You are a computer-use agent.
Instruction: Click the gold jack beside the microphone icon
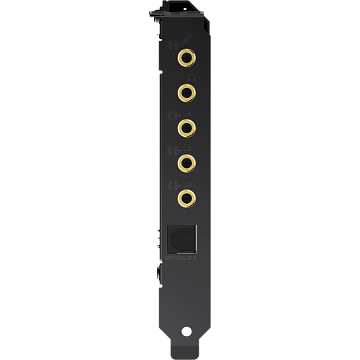pyautogui.click(x=187, y=56)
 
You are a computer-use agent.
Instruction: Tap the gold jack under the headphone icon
pyautogui.click(x=187, y=91)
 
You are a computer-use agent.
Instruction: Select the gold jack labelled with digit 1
pyautogui.click(x=187, y=126)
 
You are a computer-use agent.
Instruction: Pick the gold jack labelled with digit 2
pyautogui.click(x=187, y=161)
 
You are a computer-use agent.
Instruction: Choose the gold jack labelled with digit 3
pyautogui.click(x=187, y=196)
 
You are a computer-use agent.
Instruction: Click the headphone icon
pyautogui.click(x=190, y=76)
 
